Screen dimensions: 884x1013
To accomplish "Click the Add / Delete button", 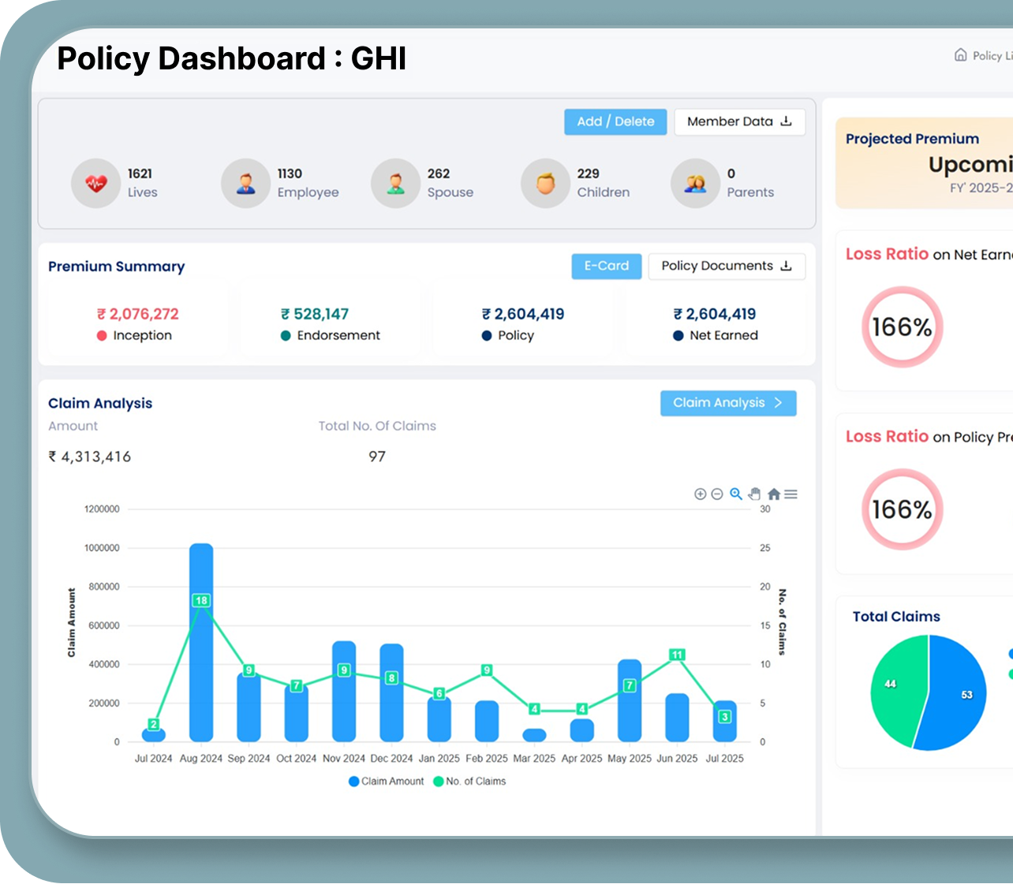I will (615, 121).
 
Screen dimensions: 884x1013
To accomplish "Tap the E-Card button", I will (606, 266).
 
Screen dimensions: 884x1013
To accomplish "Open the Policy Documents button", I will (726, 266).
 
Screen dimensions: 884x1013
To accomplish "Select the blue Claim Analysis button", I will (727, 403).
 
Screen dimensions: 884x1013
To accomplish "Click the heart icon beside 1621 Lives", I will (95, 183).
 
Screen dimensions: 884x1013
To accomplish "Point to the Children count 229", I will (588, 173).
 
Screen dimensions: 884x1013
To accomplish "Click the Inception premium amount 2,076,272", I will (138, 314).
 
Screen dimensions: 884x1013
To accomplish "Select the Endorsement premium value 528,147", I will (315, 314).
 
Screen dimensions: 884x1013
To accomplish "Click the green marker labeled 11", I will (677, 655).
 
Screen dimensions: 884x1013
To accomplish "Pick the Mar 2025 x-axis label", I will (534, 759).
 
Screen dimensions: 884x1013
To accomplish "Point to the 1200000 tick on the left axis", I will (102, 509).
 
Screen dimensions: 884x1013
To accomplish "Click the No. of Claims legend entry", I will (470, 781).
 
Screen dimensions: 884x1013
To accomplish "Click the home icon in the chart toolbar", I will (774, 494).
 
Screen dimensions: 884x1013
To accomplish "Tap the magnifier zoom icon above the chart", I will (735, 494).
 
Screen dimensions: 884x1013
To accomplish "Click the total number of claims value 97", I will (377, 457).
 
